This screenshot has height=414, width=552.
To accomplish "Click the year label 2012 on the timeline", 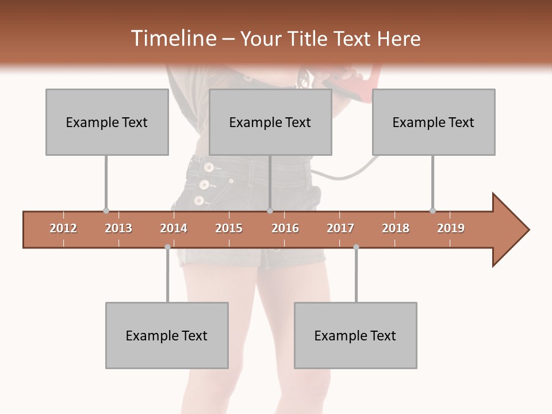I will pyautogui.click(x=63, y=228).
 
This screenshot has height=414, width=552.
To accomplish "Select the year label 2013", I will pyautogui.click(x=118, y=228).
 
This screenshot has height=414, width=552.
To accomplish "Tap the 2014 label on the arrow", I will pyautogui.click(x=174, y=228).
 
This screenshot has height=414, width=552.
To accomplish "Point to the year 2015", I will pyautogui.click(x=229, y=228).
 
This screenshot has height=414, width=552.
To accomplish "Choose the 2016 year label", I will pyautogui.click(x=285, y=228).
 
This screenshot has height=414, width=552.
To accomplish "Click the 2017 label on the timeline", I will pyautogui.click(x=340, y=228).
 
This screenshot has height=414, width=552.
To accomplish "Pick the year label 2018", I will pyautogui.click(x=396, y=228).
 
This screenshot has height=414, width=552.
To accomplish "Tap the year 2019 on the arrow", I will pyautogui.click(x=451, y=228).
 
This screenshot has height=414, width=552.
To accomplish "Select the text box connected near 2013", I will pyautogui.click(x=107, y=122).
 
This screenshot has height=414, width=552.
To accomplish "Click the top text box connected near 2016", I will pyautogui.click(x=270, y=122).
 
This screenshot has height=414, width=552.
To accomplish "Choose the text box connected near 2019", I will pyautogui.click(x=434, y=122).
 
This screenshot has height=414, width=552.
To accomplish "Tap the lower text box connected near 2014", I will pyautogui.click(x=167, y=335).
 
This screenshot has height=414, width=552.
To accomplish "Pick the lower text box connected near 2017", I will pyautogui.click(x=355, y=335).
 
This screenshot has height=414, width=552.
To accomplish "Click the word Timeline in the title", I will pyautogui.click(x=172, y=39).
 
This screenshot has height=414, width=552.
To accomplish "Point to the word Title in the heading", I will pyautogui.click(x=309, y=39).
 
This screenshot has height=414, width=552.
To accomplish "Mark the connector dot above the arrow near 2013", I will pyautogui.click(x=106, y=211).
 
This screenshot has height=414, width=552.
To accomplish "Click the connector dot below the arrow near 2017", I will pyautogui.click(x=356, y=247).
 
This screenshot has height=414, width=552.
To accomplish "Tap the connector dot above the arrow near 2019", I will pyautogui.click(x=432, y=211).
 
